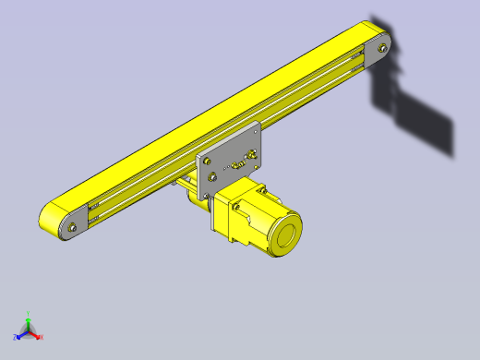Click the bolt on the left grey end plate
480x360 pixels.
click(x=72, y=224)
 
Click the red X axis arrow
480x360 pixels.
click(x=36, y=335)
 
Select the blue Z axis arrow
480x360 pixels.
click(x=20, y=333)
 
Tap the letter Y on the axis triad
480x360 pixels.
click(x=29, y=313)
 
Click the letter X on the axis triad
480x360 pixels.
click(x=42, y=338)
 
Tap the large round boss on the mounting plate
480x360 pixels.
click(x=213, y=174)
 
